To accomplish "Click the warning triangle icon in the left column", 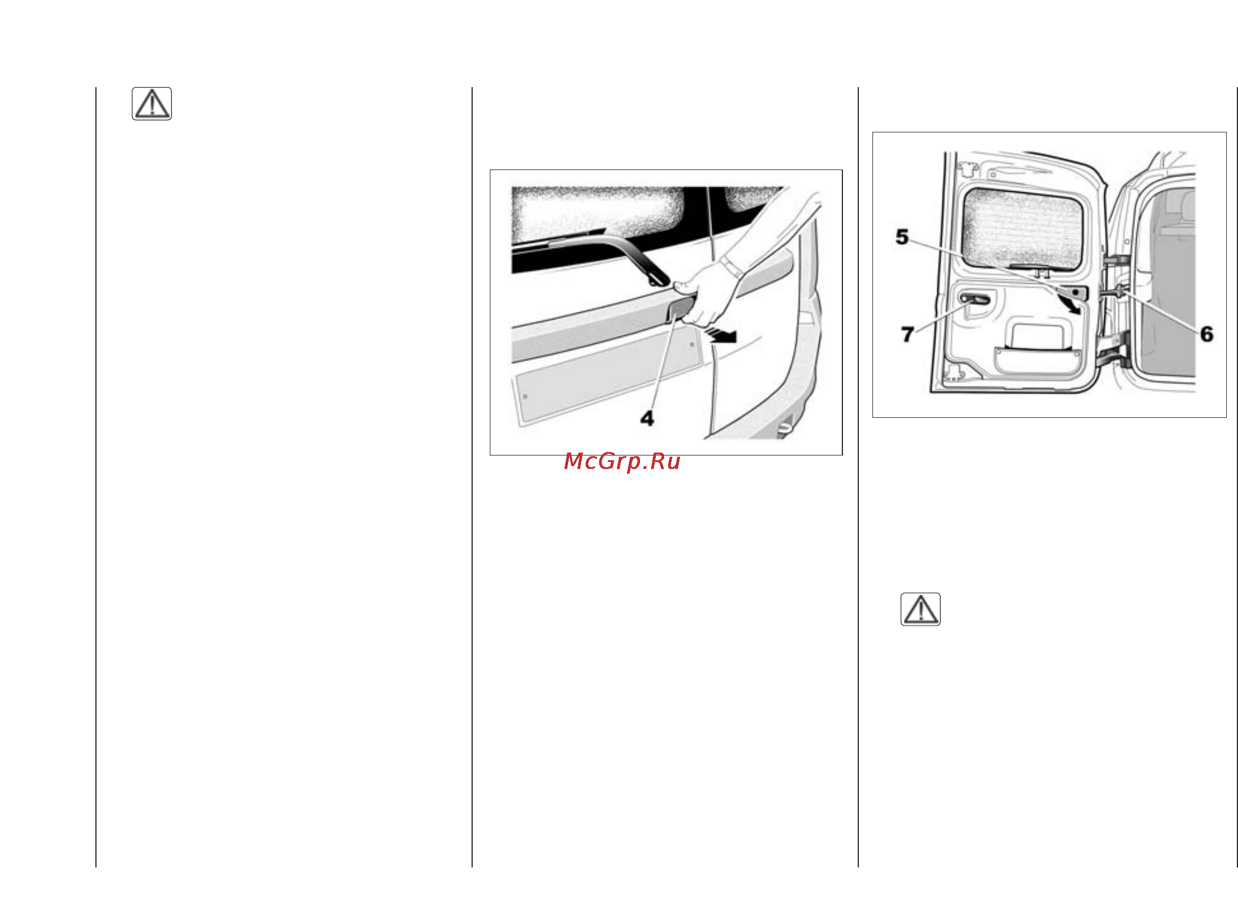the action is click(152, 104).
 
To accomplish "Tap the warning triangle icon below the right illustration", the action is click(920, 609).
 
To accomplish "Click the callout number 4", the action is click(647, 418).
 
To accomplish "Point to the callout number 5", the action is click(902, 237).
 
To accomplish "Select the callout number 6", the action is click(1207, 334).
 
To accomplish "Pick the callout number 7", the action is click(907, 334).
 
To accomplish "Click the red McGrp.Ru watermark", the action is click(622, 461).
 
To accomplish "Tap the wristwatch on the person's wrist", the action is click(731, 267).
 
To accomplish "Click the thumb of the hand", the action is click(685, 287).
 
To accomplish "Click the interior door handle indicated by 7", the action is click(975, 300).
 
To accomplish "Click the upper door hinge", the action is click(1114, 261).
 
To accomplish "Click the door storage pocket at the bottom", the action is click(1038, 360).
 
